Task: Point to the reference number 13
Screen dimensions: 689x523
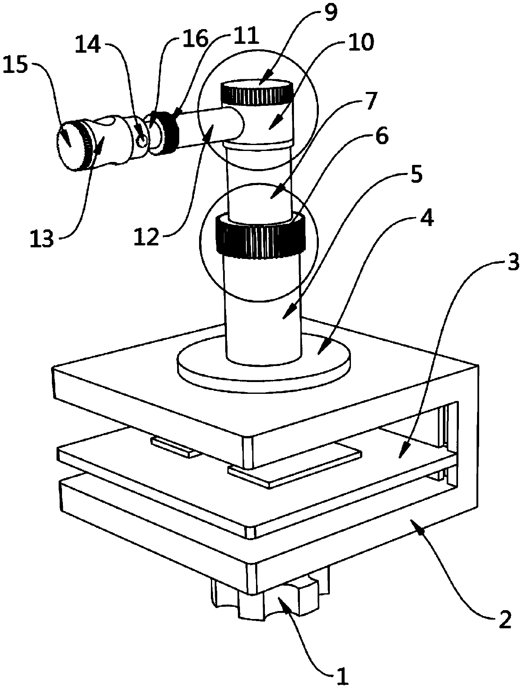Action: (42, 239)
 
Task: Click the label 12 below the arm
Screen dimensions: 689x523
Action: (147, 237)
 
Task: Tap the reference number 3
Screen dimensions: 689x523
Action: (511, 266)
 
